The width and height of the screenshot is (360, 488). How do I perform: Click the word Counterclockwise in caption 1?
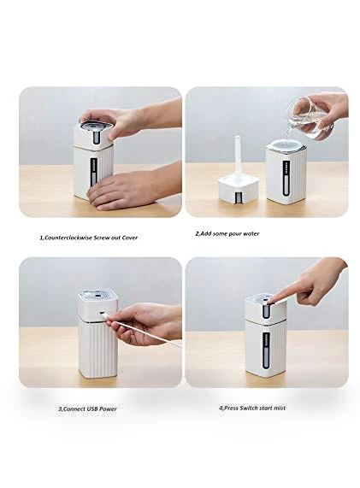(x=68, y=238)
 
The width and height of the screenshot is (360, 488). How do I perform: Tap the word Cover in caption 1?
(x=130, y=238)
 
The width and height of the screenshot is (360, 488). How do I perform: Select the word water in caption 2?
(x=251, y=233)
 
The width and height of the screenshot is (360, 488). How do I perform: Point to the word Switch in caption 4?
(x=248, y=408)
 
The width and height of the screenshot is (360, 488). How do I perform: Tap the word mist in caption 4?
(x=279, y=408)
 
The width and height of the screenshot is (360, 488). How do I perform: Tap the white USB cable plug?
(x=106, y=316)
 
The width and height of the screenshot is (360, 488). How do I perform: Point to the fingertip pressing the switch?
(x=274, y=297)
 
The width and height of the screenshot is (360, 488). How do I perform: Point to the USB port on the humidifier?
(x=102, y=314)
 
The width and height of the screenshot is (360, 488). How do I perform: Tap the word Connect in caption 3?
(x=74, y=409)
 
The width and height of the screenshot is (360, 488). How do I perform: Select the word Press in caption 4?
(x=231, y=408)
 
